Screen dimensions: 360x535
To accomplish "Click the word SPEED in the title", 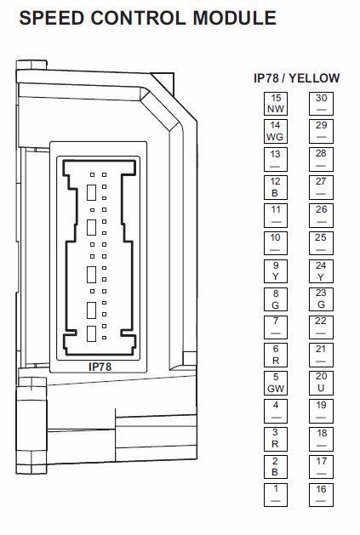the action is click(52, 18).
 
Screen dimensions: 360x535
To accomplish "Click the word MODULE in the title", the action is click(234, 18).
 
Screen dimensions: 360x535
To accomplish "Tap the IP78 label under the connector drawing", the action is click(100, 367).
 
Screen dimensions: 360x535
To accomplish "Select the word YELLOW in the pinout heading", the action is click(314, 78).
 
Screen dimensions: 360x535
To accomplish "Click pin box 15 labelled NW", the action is click(276, 104).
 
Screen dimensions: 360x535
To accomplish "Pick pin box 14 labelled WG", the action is click(276, 131).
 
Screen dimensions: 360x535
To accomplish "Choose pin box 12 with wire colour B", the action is click(276, 188).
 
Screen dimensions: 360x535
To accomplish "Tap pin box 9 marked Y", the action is click(276, 271).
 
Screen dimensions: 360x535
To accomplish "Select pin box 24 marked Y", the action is click(321, 271).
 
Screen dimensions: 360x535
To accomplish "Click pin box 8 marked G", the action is click(276, 299).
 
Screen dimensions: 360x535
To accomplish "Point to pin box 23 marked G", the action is click(321, 299).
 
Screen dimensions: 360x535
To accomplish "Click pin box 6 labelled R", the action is click(276, 356).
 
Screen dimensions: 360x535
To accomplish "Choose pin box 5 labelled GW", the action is click(276, 383).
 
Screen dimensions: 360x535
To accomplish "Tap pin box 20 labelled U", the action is click(321, 383).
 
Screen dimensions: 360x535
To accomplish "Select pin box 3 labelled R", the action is click(276, 439).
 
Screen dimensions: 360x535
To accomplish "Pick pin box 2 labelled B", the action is click(276, 467).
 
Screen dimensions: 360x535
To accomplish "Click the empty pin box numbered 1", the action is click(276, 495).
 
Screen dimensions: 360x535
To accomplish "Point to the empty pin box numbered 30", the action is click(321, 104).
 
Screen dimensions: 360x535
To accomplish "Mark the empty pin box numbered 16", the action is click(321, 495).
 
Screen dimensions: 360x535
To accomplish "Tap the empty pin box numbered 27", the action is click(321, 188).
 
